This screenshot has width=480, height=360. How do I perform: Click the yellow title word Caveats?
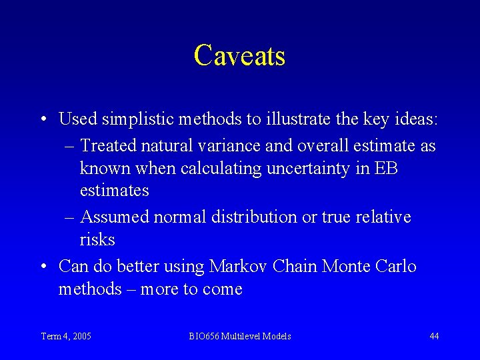[239, 55]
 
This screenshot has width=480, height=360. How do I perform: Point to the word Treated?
[108, 145]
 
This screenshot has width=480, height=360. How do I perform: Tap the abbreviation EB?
[386, 168]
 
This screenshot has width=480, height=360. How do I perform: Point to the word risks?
[97, 239]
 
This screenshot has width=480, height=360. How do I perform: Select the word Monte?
[347, 267]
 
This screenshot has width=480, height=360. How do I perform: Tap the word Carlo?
[397, 267]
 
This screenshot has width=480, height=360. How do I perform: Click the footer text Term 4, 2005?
[66, 336]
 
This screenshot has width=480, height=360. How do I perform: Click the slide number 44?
[434, 336]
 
